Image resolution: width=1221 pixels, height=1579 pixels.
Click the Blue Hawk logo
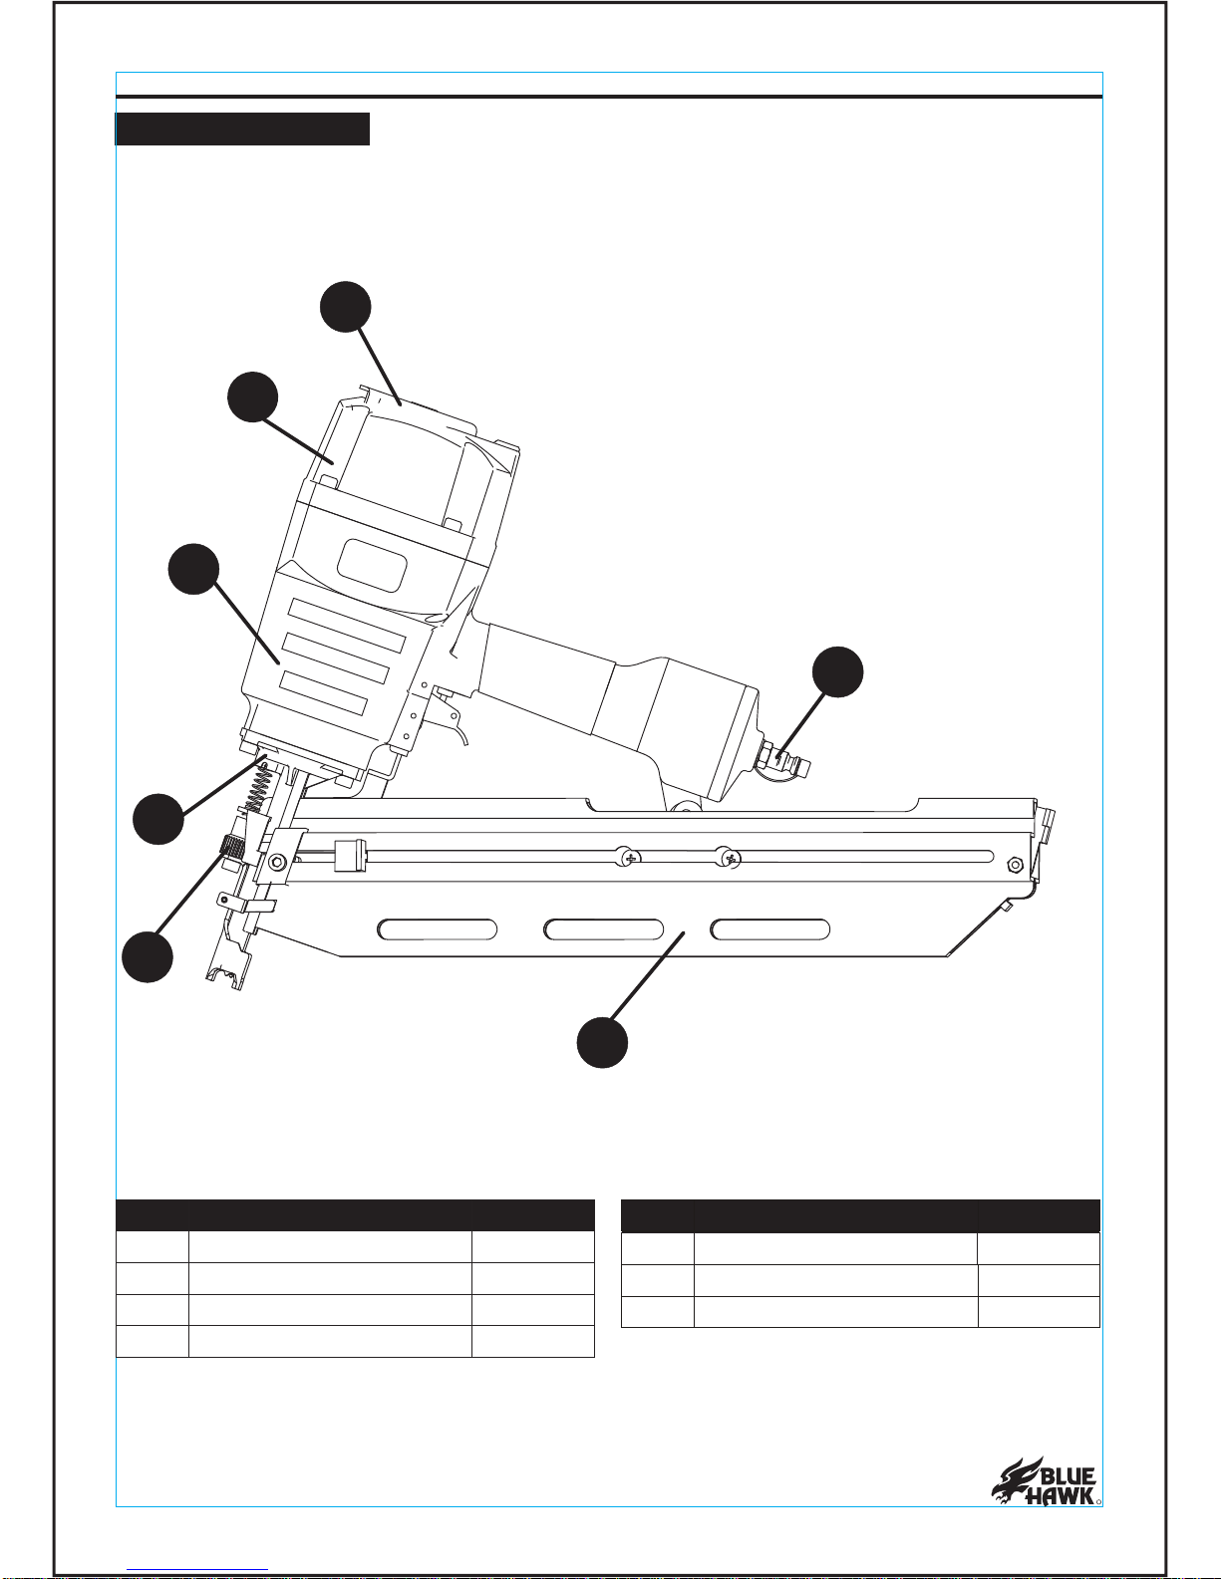(x=1045, y=1480)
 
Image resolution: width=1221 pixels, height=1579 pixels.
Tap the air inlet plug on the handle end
(x=784, y=761)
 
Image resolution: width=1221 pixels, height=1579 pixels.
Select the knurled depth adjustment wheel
(x=232, y=847)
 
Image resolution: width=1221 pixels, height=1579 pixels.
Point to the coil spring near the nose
(x=256, y=791)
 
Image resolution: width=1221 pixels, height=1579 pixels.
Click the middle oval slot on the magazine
(x=603, y=929)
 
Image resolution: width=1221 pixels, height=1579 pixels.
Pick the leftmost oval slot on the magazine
(x=437, y=929)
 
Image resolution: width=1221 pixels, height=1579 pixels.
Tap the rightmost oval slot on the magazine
(x=769, y=929)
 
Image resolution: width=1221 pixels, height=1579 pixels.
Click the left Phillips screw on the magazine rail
(x=627, y=857)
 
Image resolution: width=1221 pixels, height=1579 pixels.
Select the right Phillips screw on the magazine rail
(x=728, y=857)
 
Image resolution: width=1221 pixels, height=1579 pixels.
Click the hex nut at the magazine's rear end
(x=1013, y=865)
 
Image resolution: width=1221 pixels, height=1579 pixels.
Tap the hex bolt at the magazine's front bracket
(x=276, y=863)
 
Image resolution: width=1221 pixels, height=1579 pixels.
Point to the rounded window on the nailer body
(x=372, y=565)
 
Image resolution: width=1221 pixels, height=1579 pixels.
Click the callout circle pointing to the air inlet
(x=837, y=671)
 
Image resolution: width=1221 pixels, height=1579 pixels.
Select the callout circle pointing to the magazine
(x=602, y=1042)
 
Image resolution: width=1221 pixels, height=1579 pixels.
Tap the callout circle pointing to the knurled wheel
(x=148, y=957)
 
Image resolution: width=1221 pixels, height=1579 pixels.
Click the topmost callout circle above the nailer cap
(x=346, y=307)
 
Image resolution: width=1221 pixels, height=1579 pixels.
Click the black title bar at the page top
(x=242, y=129)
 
